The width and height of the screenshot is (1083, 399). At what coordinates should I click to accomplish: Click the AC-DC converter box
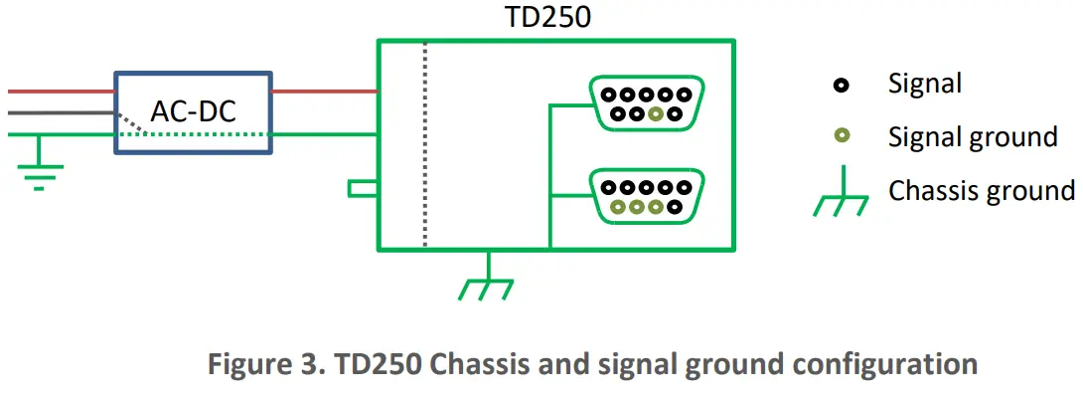coord(193,112)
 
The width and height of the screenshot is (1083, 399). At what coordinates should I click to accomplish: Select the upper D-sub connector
coord(647,102)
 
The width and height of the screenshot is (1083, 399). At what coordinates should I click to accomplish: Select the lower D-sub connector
coord(647,196)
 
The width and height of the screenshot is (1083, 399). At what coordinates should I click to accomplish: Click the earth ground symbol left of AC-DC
coord(39,168)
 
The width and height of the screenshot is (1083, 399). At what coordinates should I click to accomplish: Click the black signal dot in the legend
coord(842,86)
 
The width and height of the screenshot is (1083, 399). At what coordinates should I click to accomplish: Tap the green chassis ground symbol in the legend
coord(842,199)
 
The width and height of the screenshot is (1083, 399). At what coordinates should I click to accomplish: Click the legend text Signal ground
coord(972,136)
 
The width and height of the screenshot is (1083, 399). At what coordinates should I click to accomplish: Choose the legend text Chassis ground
coord(981,190)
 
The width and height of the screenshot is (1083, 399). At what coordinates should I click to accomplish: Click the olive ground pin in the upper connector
coord(654,114)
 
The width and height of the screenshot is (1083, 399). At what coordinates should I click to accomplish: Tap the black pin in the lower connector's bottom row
coord(676,208)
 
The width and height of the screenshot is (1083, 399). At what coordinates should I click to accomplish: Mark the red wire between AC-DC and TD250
coord(324,92)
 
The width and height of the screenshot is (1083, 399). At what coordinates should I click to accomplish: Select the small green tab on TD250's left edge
coord(362,188)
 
